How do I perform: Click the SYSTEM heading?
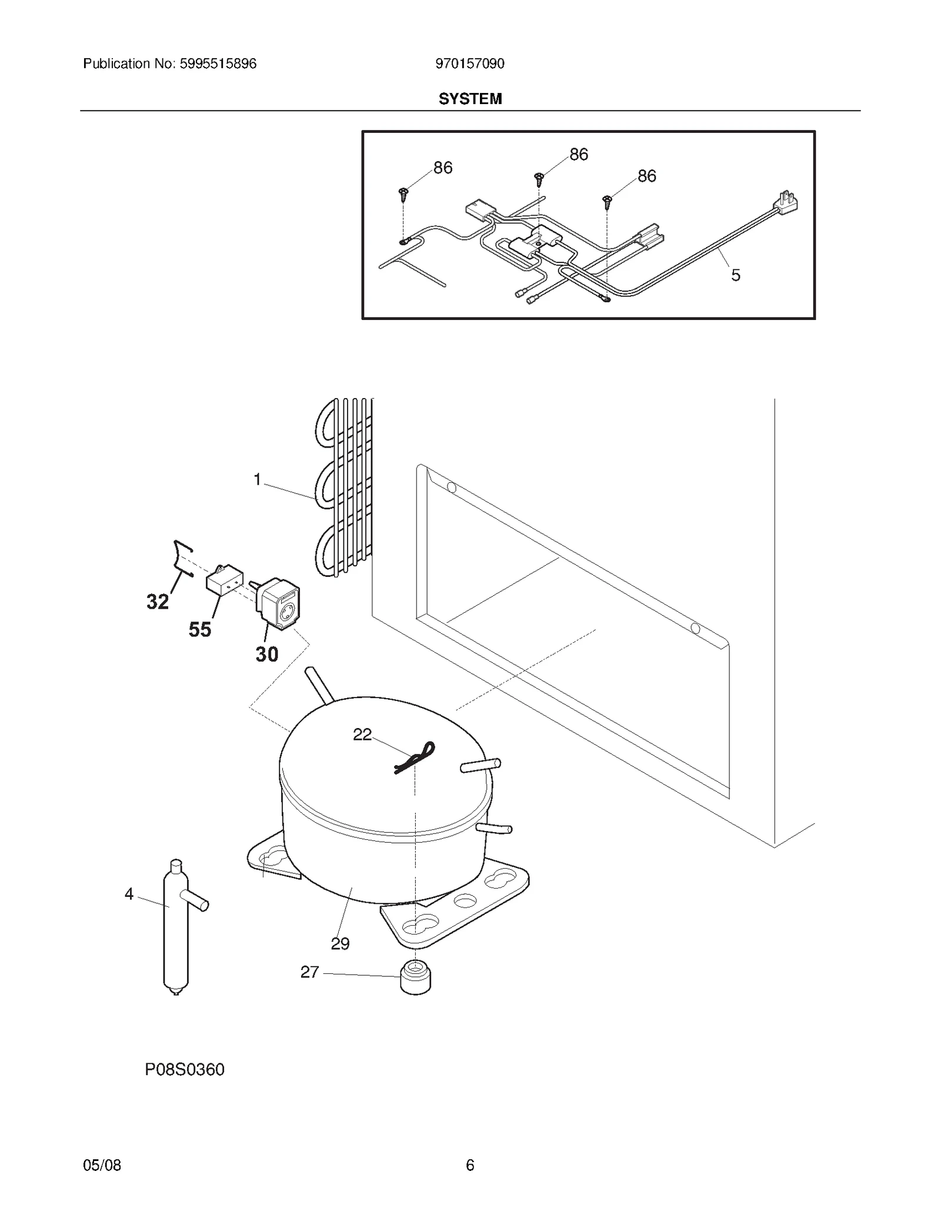click(470, 99)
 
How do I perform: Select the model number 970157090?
click(469, 64)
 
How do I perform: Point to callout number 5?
click(735, 275)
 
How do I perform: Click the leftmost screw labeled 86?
click(403, 193)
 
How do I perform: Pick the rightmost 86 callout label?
click(646, 176)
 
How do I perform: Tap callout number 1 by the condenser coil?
click(257, 480)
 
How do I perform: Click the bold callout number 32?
click(158, 602)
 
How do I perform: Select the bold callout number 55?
click(200, 630)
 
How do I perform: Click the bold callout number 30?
click(266, 654)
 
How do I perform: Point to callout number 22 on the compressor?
click(362, 734)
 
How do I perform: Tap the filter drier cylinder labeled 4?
click(175, 929)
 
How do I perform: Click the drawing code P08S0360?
click(185, 1069)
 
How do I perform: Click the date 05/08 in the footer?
click(102, 1165)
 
